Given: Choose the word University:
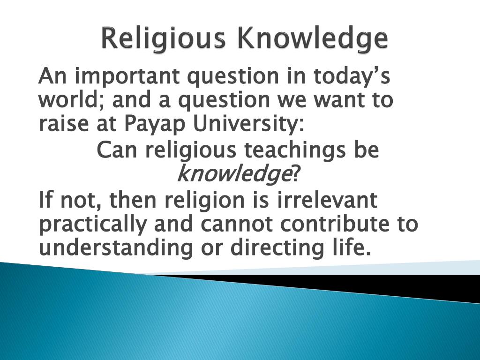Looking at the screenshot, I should click(246, 124).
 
